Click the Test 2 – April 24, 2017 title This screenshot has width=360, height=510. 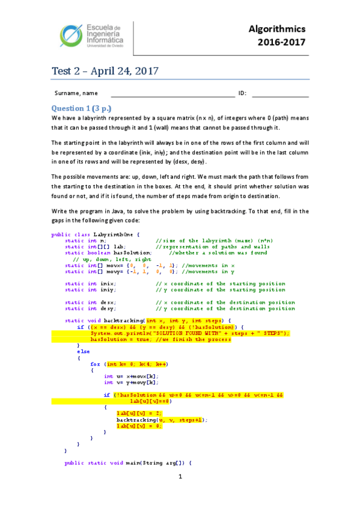point(105,71)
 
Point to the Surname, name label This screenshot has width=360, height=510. point(76,93)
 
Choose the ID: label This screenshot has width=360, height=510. point(243,93)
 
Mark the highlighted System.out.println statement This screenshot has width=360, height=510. point(190,333)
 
